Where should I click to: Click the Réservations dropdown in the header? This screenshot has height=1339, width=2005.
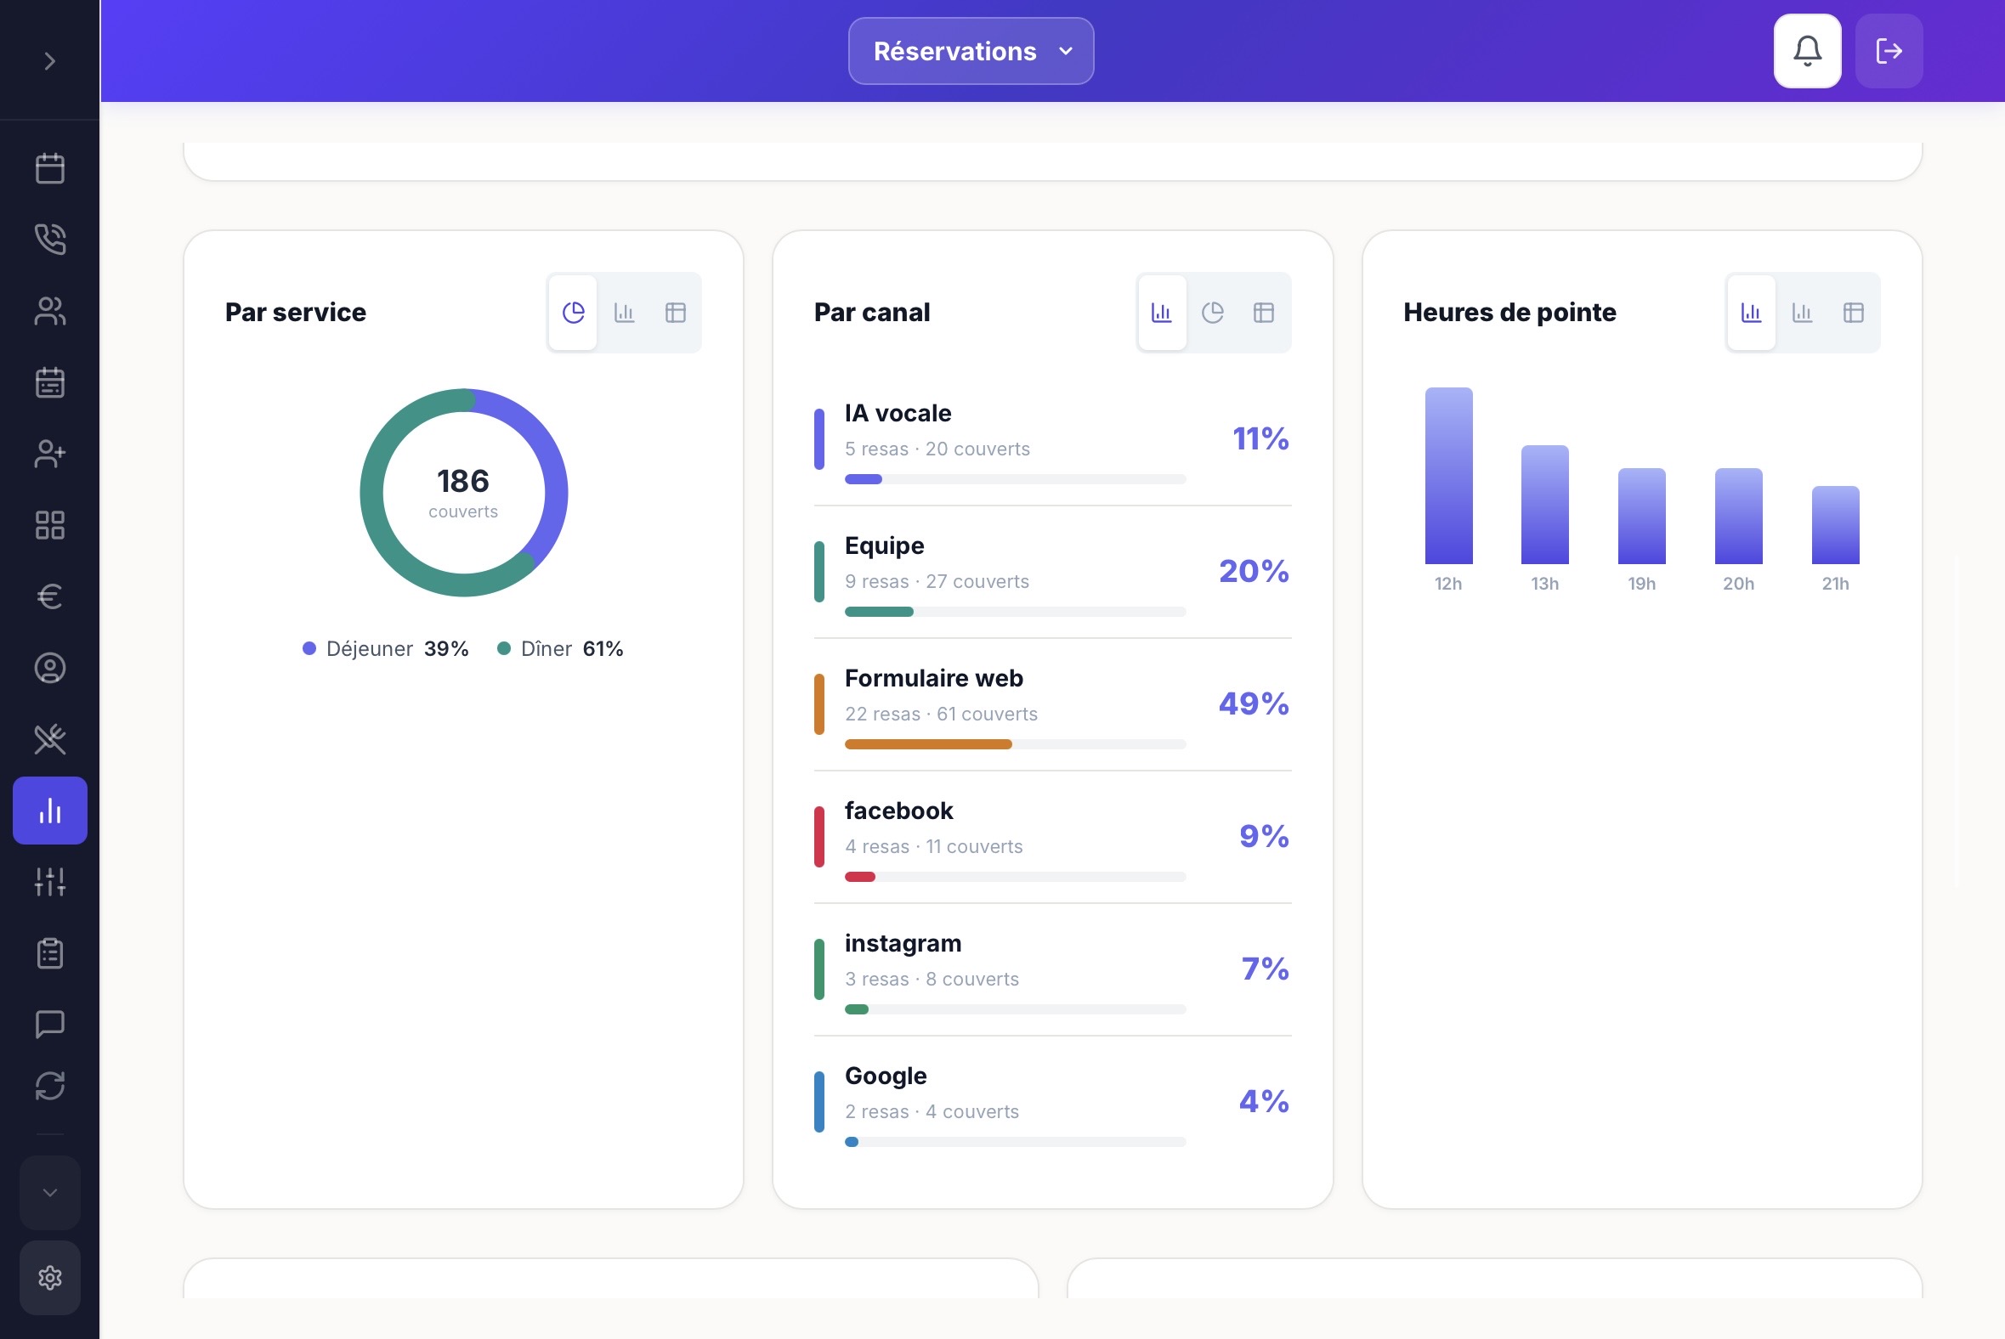pyautogui.click(x=971, y=51)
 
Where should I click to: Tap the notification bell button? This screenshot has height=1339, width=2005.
pyautogui.click(x=1807, y=51)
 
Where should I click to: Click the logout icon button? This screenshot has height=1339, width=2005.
pyautogui.click(x=1889, y=51)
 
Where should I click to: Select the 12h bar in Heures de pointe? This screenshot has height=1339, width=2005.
pyautogui.click(x=1448, y=476)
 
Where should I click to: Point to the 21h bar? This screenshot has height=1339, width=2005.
pyautogui.click(x=1835, y=525)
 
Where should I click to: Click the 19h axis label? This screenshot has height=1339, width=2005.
pyautogui.click(x=1641, y=584)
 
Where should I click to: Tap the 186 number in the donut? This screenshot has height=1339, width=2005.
pyautogui.click(x=463, y=481)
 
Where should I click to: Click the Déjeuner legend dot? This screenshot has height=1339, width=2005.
pyautogui.click(x=309, y=649)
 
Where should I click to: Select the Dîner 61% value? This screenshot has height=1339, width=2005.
pyautogui.click(x=603, y=649)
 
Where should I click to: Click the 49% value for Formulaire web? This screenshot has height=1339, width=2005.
pyautogui.click(x=1254, y=703)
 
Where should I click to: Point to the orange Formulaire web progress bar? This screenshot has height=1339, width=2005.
pyautogui.click(x=928, y=744)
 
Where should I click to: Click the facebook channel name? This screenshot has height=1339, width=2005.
pyautogui.click(x=898, y=811)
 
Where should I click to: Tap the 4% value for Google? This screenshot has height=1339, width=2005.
pyautogui.click(x=1264, y=1102)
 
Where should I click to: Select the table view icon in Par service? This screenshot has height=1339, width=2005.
pyautogui.click(x=675, y=313)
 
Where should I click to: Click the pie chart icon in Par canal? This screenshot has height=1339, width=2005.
pyautogui.click(x=1212, y=313)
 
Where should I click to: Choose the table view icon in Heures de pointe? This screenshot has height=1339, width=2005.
pyautogui.click(x=1853, y=313)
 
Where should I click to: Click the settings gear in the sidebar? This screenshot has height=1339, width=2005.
pyautogui.click(x=50, y=1278)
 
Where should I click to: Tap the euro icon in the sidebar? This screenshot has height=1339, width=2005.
pyautogui.click(x=50, y=596)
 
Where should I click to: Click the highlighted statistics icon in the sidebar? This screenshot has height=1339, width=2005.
pyautogui.click(x=50, y=811)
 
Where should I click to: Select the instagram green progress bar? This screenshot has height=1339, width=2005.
pyautogui.click(x=857, y=1009)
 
